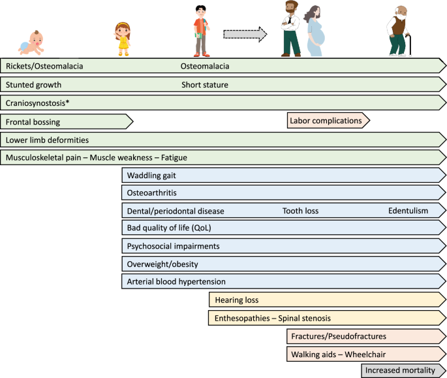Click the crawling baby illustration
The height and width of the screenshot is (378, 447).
tap(31, 44)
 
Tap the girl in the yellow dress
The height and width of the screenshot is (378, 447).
tap(121, 38)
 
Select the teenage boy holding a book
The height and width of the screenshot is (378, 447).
tap(202, 30)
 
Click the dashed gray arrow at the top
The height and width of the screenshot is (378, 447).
tap(245, 34)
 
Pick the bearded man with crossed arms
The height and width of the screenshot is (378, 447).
tap(290, 29)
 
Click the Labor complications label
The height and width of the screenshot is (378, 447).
tap(325, 120)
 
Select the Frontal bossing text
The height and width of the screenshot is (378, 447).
tap(33, 121)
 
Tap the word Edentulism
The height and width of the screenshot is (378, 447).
tap(408, 211)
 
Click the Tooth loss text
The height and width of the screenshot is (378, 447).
tap(300, 211)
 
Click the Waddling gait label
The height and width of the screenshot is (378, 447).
tap(151, 176)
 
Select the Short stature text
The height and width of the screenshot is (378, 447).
tap(204, 84)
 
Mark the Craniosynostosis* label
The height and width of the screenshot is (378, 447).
tap(39, 102)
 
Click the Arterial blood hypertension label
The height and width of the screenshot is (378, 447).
tap(176, 281)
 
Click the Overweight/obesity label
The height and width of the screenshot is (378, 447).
tap(162, 264)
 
